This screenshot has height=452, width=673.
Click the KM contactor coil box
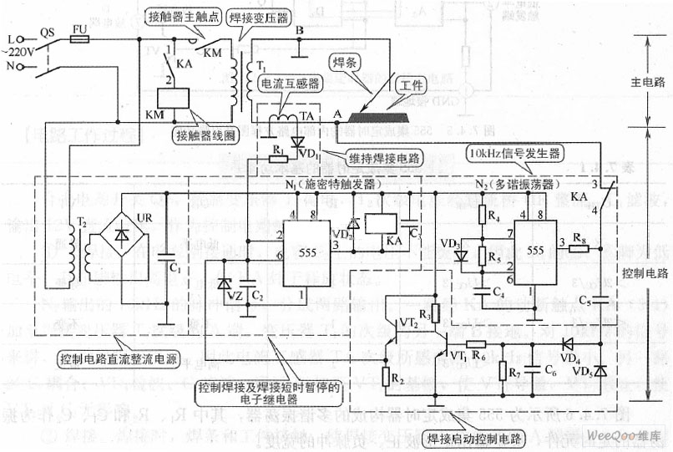(x=180, y=98)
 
